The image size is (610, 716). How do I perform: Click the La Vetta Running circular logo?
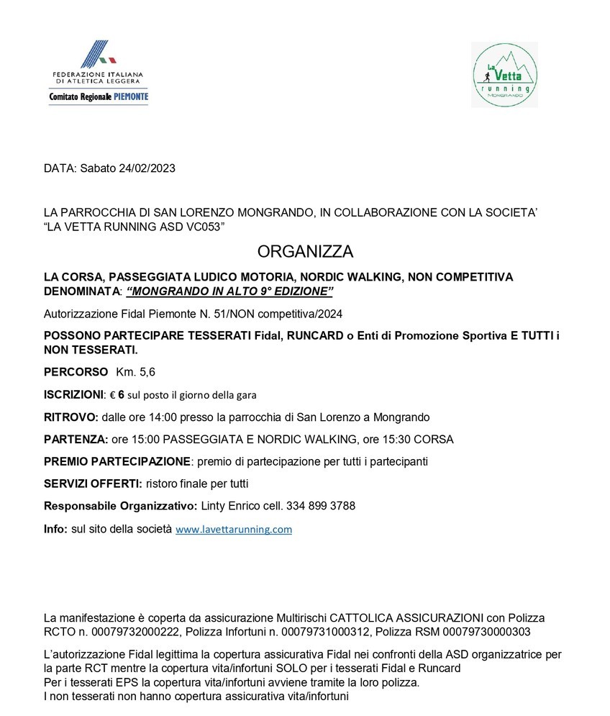coord(504,75)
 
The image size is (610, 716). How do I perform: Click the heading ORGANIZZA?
coord(305,252)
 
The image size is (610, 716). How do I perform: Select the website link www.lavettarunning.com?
coord(234,529)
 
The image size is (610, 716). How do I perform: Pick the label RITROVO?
coord(69,417)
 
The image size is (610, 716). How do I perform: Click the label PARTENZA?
coord(75,439)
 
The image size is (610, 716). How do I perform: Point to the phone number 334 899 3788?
coord(321,506)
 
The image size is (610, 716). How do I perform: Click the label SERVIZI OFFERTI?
coord(93,484)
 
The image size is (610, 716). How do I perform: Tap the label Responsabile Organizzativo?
coord(120,506)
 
